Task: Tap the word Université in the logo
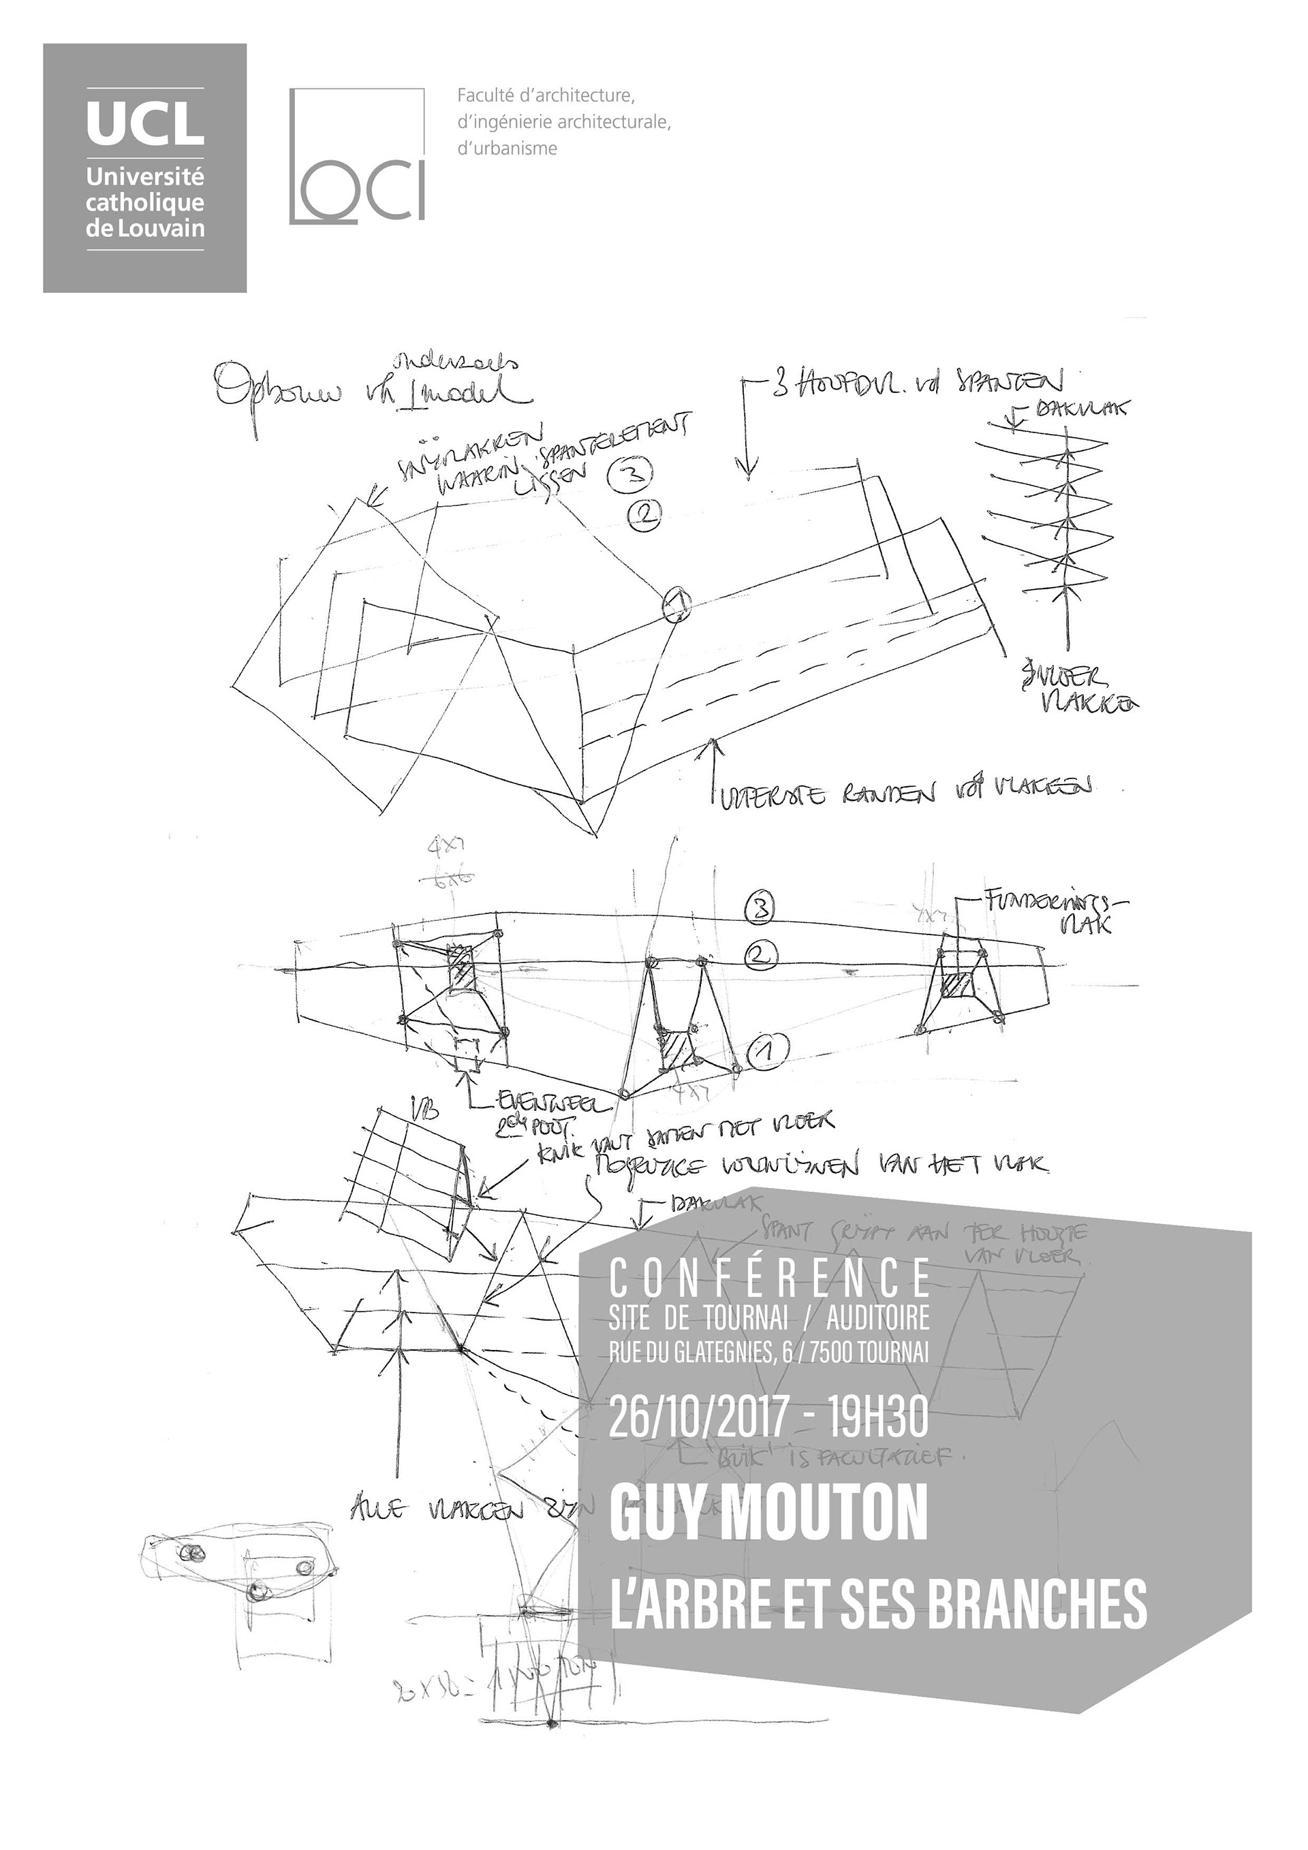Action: tap(145, 177)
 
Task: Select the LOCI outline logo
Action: tap(356, 155)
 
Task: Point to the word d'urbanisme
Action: tap(507, 148)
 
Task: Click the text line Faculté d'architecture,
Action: tap(546, 96)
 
